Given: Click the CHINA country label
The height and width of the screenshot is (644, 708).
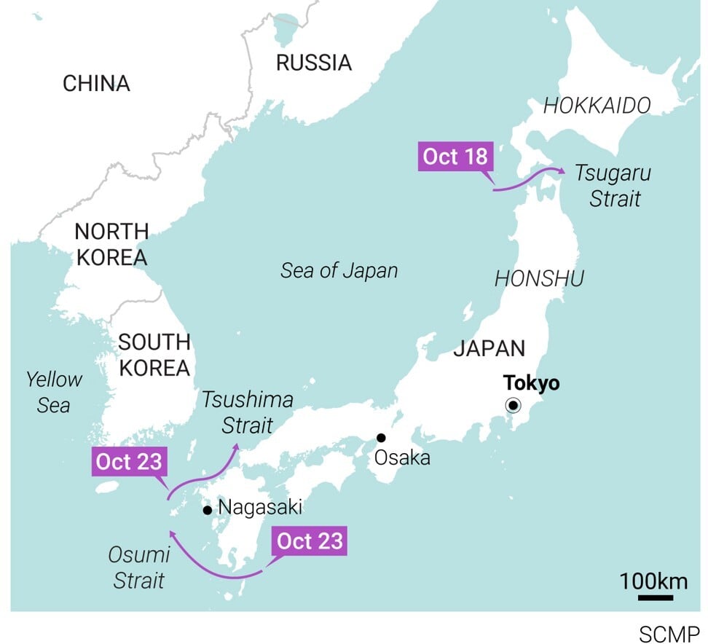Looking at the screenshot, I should coord(96,84).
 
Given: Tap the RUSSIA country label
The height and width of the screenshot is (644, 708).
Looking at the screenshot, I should coord(313,63).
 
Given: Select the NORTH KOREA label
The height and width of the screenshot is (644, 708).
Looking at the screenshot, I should coord(111,244).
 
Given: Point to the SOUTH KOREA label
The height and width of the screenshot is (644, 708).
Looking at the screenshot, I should coord(154,355).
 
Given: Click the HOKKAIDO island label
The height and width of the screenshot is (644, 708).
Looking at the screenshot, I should coord(597,106).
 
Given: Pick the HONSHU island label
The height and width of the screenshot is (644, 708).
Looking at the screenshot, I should coord(539,278).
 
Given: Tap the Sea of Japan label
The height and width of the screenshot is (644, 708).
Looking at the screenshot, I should coord(339,271).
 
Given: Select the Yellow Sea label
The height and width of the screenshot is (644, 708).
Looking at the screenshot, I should coord(54,392).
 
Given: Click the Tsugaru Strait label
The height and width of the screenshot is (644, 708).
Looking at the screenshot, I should coord(613,186).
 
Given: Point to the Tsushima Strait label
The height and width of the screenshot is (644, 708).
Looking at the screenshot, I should coord(248,412).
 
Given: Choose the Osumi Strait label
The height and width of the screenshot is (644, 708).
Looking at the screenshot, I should coord(138,568).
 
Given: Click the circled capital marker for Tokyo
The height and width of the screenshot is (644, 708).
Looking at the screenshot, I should coord(514,406).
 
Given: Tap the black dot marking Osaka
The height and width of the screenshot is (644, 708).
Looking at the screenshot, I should coord(380,438).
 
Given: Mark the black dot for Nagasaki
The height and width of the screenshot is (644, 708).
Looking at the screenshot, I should coord(208,510).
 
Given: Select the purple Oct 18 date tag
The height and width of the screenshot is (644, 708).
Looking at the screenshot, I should coord(455,157).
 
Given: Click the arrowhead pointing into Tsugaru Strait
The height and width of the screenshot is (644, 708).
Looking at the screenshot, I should coord(562,170).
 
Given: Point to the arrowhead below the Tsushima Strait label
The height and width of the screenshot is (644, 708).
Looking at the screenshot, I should coord(237,446).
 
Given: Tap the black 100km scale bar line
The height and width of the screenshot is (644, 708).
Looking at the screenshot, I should coord(655,598).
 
